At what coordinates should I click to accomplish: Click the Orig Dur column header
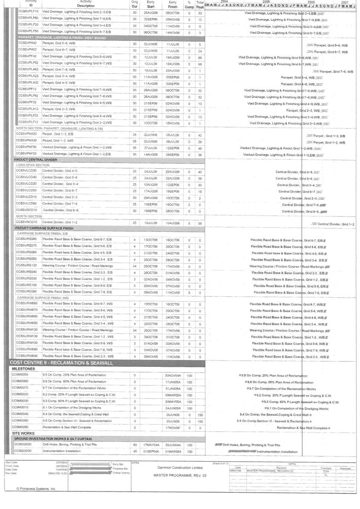click(134, 5)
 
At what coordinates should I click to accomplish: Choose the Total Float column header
click(200, 5)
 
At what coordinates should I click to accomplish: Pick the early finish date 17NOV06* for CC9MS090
click(173, 428)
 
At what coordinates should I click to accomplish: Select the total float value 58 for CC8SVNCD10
click(200, 223)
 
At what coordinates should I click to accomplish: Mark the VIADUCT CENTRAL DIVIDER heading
click(36, 160)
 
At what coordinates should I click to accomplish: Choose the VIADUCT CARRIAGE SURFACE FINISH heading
click(44, 228)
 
